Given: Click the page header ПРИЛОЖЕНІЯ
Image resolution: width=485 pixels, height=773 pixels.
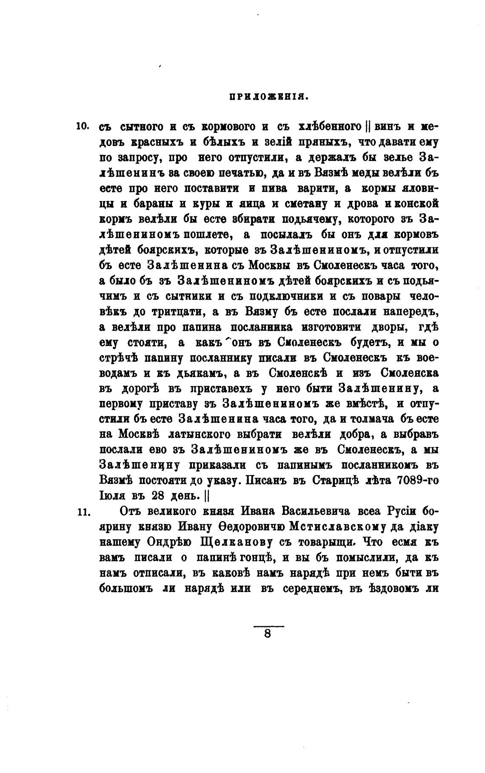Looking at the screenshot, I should click(x=268, y=97).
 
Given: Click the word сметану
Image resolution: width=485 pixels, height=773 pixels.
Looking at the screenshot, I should click(x=304, y=204).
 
